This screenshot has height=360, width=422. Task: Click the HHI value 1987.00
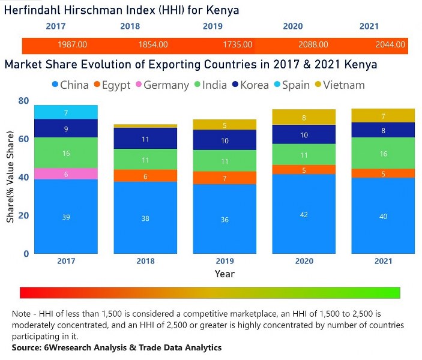pyautogui.click(x=73, y=44)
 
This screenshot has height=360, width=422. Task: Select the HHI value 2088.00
pyautogui.click(x=313, y=44)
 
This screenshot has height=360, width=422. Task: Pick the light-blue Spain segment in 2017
pyautogui.click(x=66, y=112)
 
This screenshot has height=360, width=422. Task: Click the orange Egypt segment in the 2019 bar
pyautogui.click(x=224, y=178)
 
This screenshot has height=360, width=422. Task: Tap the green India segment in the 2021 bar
pyautogui.click(x=383, y=153)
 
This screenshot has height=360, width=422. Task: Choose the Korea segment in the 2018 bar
pyautogui.click(x=145, y=138)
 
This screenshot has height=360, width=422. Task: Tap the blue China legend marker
pyautogui.click(x=56, y=85)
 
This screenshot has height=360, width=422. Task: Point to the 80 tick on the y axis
pyautogui.click(x=23, y=100)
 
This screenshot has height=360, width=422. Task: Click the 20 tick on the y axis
pyautogui.click(x=23, y=215)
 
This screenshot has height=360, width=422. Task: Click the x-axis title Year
pyautogui.click(x=224, y=274)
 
